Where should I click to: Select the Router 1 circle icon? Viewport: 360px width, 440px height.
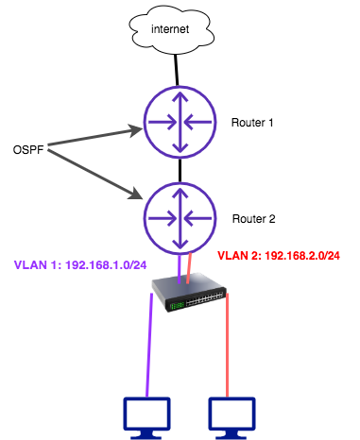click(180, 122)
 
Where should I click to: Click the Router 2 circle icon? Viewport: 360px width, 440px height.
click(180, 217)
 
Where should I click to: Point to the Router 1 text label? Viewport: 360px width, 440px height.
click(253, 123)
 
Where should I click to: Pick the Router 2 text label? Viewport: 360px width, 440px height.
click(253, 218)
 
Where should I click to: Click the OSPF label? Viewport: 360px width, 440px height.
click(27, 150)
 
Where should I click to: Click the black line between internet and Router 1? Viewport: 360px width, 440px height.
click(177, 72)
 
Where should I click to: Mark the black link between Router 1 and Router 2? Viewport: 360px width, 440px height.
click(180, 170)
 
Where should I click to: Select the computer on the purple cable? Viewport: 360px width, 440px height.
click(147, 416)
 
